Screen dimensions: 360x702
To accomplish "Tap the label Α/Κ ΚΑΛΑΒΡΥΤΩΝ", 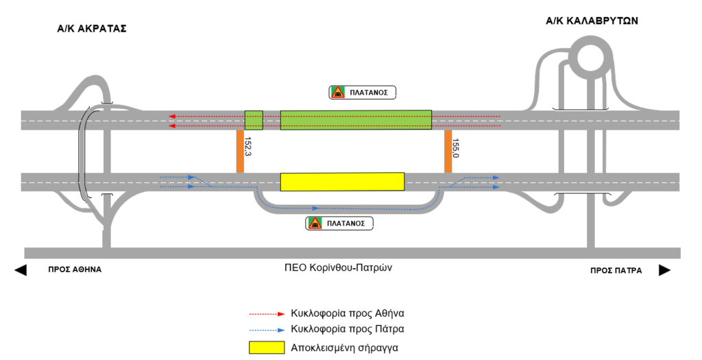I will coord(592,21).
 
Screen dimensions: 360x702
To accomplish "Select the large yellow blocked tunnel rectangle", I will coord(342,182).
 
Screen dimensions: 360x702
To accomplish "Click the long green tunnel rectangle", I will coord(356,120).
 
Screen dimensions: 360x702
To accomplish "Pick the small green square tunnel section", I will coord(254,120).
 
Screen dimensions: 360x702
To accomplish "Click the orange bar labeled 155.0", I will coord(448,152).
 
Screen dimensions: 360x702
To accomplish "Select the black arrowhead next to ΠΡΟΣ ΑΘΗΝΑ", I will coord(21,270).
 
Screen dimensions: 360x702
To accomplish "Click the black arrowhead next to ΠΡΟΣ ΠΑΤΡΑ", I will coord(664,270).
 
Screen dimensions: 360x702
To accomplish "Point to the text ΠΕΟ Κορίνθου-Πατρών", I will coord(337,267).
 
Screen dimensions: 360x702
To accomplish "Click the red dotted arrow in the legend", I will coord(267,313).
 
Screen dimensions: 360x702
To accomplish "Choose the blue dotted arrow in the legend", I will coord(267,328).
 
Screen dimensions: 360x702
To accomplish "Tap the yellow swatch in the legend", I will coord(266,347).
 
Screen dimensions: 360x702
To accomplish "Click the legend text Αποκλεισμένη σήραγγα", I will coord(344,347).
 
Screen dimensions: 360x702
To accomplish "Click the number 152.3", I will coord(248,147).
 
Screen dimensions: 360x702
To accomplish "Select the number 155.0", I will coord(456,149).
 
